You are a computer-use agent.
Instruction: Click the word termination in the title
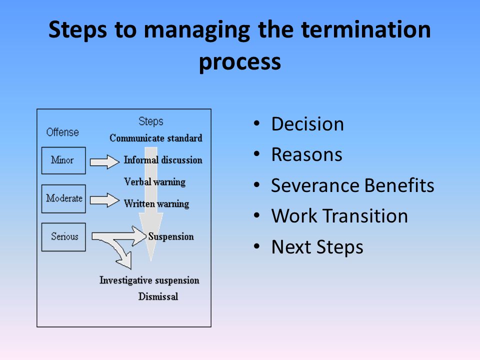click(x=369, y=30)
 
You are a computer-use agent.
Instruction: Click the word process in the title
click(x=239, y=62)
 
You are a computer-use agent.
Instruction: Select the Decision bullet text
click(x=307, y=124)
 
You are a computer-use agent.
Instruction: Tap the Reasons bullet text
click(x=306, y=155)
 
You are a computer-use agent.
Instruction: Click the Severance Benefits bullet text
click(x=352, y=185)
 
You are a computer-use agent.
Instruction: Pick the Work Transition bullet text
click(x=339, y=216)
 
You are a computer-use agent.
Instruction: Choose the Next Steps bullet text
click(x=317, y=247)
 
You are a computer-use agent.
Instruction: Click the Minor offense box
click(x=63, y=160)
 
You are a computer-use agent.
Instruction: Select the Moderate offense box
click(x=63, y=198)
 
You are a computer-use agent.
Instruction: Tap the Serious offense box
click(x=64, y=236)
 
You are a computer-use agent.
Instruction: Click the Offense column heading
click(x=62, y=132)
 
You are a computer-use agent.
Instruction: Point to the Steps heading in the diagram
click(x=150, y=121)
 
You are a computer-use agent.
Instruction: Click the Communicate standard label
click(x=155, y=138)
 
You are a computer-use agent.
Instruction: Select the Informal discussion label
click(x=162, y=160)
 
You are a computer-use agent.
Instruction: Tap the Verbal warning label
click(x=154, y=181)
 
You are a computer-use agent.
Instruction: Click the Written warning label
click(x=156, y=204)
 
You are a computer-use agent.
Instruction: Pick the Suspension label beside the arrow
click(x=170, y=236)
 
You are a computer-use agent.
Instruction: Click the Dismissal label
click(x=158, y=296)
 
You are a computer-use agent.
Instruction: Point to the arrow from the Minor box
click(x=104, y=161)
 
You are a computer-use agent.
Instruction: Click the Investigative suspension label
click(x=149, y=280)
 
